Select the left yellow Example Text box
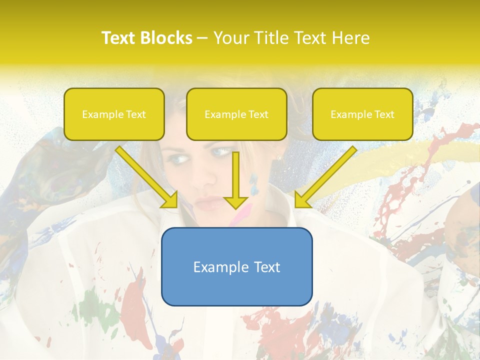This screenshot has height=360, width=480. click(x=114, y=114)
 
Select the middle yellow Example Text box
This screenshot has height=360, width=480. click(x=236, y=114)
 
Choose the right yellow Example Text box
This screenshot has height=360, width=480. click(x=362, y=114)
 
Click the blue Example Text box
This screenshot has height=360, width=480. click(x=236, y=266)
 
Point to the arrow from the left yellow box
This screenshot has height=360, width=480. click(x=145, y=175)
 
